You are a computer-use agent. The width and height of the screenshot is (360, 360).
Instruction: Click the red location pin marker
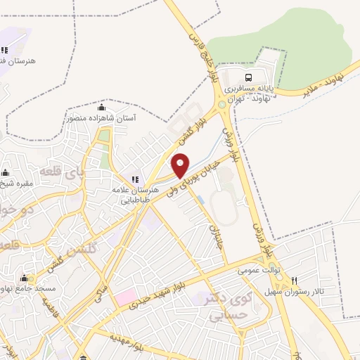click(181, 165)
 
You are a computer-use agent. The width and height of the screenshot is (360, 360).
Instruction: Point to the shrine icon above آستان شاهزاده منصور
click(101, 108)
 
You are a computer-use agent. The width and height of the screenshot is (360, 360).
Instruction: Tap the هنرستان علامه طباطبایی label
click(131, 194)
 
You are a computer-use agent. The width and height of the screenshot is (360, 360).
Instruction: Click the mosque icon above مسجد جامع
click(25, 278)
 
